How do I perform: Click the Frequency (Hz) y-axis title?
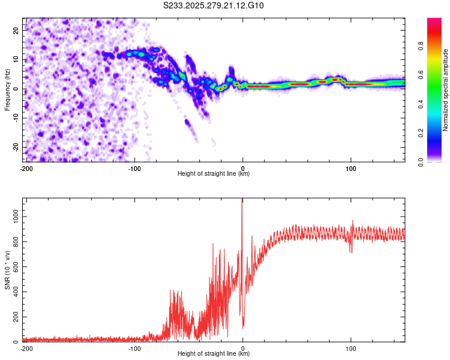click(8, 90)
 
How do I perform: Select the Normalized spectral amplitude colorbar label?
click(446, 90)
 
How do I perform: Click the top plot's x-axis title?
click(214, 173)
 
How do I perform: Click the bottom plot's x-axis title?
click(214, 353)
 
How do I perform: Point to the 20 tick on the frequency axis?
click(17, 30)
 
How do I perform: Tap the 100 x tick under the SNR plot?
click(350, 348)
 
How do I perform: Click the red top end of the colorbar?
click(434, 20)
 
